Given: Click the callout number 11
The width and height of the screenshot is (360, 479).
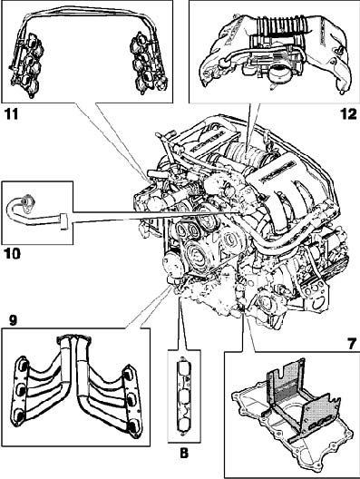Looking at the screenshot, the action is [11, 114].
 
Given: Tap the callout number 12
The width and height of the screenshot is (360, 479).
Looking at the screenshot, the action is [349, 114].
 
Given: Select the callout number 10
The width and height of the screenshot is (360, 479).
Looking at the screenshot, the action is [12, 253].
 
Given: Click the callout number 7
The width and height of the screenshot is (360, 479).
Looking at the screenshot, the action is [351, 344].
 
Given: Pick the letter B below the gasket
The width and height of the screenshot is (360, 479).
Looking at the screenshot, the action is [184, 454].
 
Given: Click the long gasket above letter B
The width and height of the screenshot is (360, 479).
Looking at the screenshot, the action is [184, 395].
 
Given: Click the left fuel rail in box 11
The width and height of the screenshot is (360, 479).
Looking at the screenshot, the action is [27, 64].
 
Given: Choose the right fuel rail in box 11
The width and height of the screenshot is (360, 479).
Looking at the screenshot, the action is [148, 64].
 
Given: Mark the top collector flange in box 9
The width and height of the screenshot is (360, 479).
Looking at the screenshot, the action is [73, 338].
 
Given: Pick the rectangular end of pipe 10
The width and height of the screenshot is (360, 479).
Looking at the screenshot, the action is [64, 221].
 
